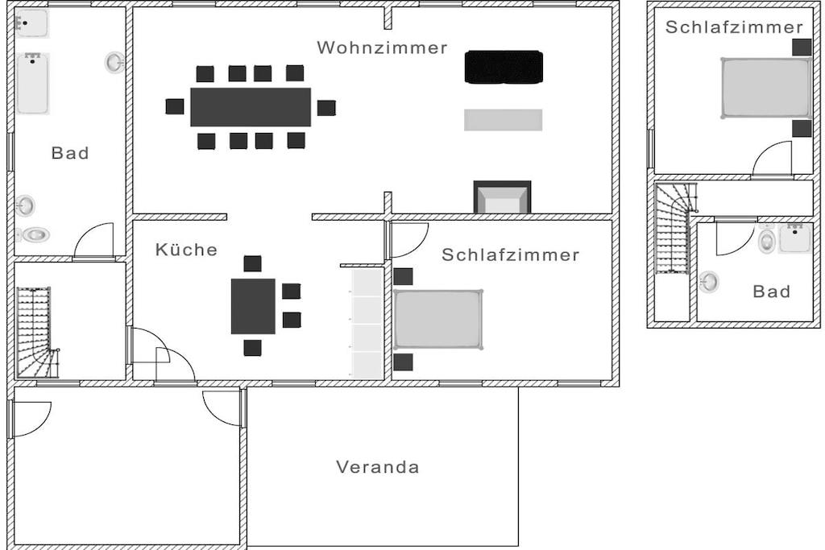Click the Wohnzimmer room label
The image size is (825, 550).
click(382, 48)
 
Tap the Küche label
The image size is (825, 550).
click(186, 250)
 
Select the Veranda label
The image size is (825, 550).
click(377, 467)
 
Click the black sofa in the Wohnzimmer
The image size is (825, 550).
click(504, 67)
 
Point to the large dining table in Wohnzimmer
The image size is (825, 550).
click(251, 107)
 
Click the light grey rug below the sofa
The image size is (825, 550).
click(503, 120)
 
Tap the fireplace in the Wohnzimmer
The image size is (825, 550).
click(502, 197)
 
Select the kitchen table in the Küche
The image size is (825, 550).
click(253, 306)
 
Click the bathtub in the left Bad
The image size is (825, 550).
click(33, 83)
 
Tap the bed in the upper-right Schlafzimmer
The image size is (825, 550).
click(765, 88)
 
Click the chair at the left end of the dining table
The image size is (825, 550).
click(175, 106)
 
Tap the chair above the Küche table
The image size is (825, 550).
click(253, 263)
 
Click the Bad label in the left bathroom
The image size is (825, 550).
click(70, 153)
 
